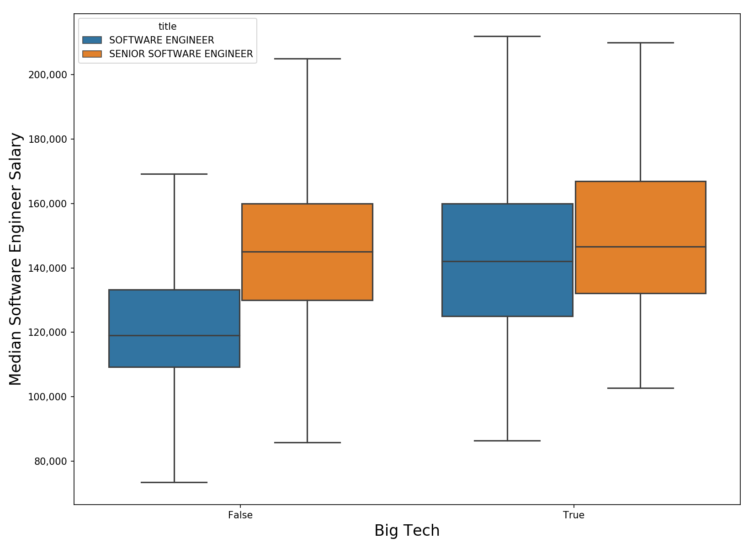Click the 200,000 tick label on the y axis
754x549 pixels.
(48, 75)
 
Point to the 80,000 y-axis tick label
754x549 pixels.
(50, 461)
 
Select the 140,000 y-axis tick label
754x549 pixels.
(48, 268)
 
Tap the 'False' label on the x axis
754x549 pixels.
(240, 515)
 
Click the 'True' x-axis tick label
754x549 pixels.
(573, 515)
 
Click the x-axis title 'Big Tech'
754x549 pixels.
(407, 531)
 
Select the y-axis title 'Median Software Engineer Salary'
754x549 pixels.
(16, 259)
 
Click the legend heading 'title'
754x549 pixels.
(167, 27)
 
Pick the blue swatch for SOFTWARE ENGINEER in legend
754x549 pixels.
(92, 40)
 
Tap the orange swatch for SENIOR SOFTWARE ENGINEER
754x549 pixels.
(92, 54)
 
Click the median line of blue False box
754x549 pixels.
(174, 335)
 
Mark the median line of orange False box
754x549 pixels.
(307, 252)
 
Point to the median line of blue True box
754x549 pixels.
(507, 261)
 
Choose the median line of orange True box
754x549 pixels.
(640, 247)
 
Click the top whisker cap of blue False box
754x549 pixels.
(174, 174)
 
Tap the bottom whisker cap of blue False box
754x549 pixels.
(174, 482)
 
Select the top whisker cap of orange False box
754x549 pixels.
(307, 59)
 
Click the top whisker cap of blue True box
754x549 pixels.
(507, 36)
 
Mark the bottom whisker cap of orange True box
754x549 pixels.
(640, 388)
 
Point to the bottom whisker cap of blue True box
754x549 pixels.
(507, 441)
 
